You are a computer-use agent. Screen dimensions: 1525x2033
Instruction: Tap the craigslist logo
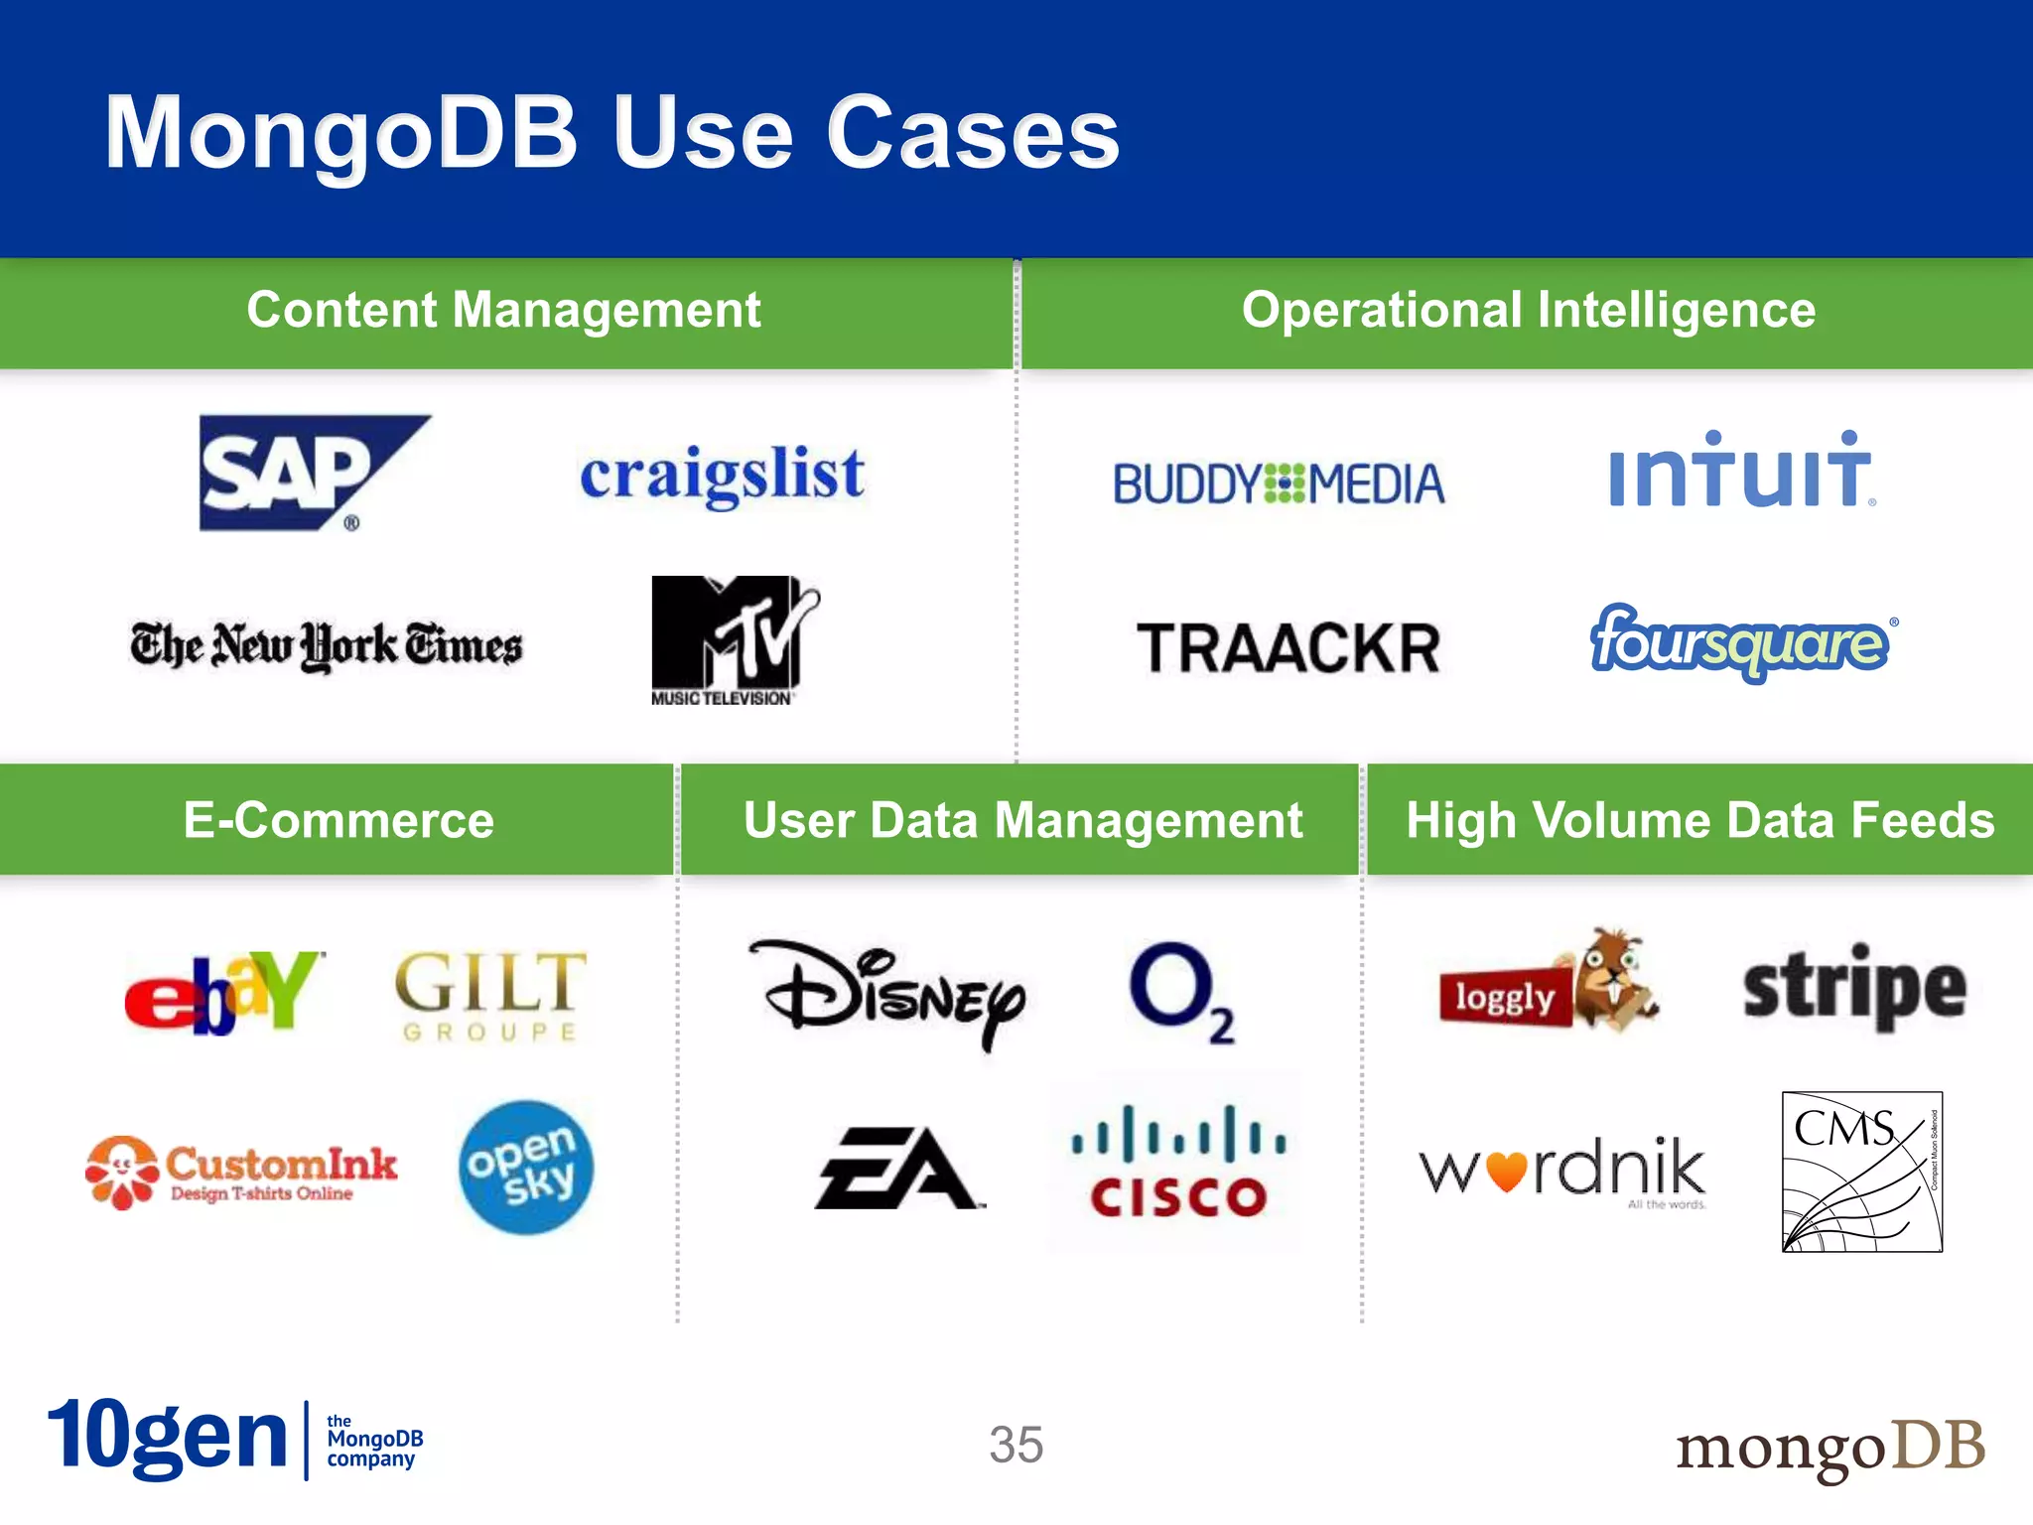[x=722, y=475]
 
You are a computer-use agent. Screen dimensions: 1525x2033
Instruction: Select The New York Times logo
[x=326, y=646]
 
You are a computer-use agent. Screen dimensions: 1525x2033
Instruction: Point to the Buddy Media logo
[x=1278, y=485]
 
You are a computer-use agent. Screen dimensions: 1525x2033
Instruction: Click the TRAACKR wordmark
[x=1288, y=648]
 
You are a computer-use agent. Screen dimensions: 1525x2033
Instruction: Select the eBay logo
[x=223, y=992]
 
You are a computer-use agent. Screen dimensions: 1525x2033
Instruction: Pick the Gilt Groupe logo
[x=490, y=994]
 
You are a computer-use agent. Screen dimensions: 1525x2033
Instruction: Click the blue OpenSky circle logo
[x=525, y=1167]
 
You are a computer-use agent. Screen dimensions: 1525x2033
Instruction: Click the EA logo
[x=897, y=1168]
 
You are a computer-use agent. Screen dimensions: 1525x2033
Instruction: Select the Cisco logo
[x=1178, y=1162]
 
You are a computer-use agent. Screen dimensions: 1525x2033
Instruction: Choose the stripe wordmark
[x=1854, y=989]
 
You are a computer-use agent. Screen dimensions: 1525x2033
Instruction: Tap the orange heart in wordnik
[x=1506, y=1171]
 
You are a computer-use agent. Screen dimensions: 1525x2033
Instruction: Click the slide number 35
[x=1016, y=1445]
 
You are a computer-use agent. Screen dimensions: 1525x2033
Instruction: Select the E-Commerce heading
[x=339, y=821]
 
